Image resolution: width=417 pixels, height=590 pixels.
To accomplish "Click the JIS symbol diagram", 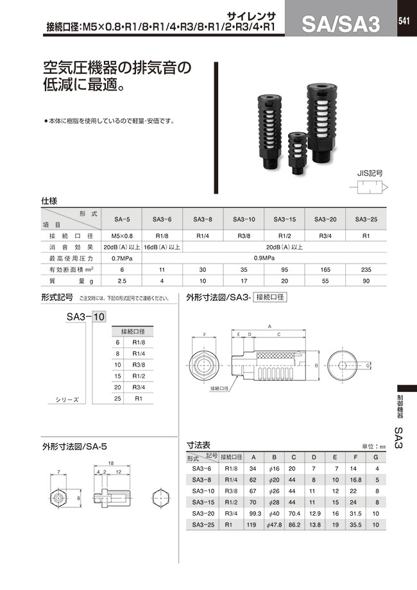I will [370, 188].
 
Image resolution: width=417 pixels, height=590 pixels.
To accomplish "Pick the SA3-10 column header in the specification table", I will [244, 219].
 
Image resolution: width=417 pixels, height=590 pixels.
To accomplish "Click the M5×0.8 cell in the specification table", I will [121, 235].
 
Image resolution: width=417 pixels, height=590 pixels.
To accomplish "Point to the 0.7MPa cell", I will [121, 258].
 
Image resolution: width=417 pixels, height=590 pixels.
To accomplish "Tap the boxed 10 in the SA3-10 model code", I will [99, 316].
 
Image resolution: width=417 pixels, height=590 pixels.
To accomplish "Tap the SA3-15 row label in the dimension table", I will [202, 501].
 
